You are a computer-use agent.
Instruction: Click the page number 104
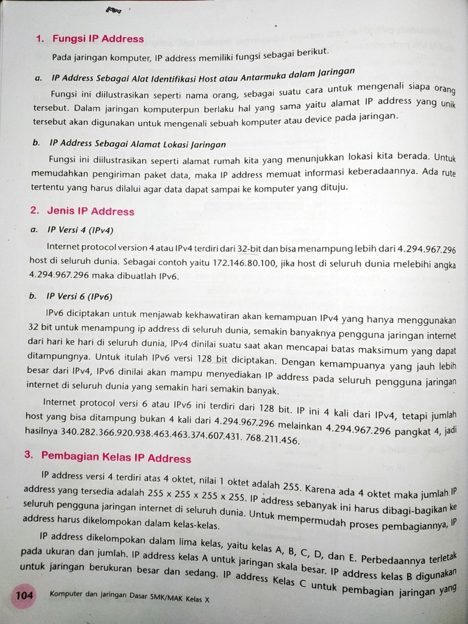[x=24, y=595]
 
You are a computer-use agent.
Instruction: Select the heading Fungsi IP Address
[x=97, y=39]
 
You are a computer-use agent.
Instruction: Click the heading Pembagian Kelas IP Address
[x=116, y=458]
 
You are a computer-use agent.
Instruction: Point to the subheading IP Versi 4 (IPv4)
[x=80, y=230]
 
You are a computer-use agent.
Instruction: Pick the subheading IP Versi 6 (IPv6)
[x=79, y=297]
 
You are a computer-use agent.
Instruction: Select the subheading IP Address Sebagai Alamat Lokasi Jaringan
[x=137, y=144]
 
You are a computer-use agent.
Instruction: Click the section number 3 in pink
[x=28, y=455]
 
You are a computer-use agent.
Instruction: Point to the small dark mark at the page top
[x=114, y=10]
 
